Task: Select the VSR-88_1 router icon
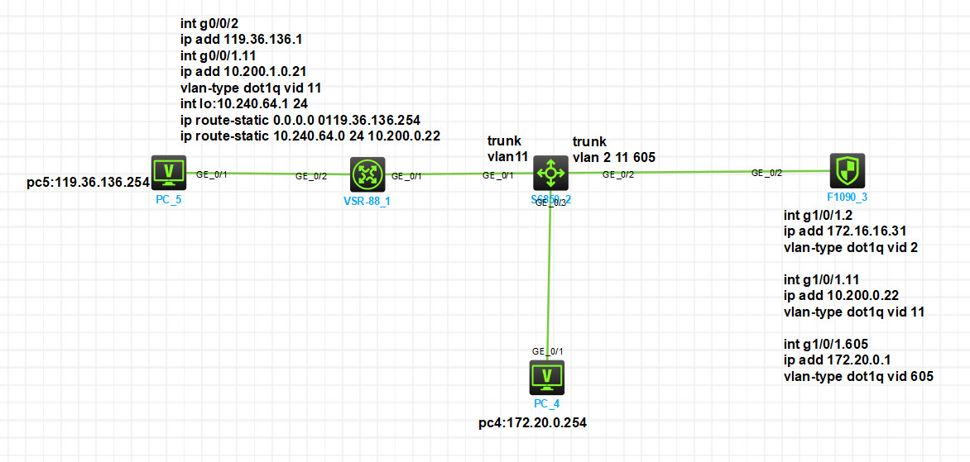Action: point(365,174)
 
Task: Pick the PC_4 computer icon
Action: point(546,377)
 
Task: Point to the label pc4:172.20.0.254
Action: point(538,424)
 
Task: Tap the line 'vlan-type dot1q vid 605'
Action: point(857,376)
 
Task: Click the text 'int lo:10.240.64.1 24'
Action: point(245,103)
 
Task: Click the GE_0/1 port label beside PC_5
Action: point(212,174)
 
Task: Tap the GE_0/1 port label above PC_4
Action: point(547,350)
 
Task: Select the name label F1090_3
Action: point(848,198)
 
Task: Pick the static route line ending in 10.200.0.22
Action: point(310,136)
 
